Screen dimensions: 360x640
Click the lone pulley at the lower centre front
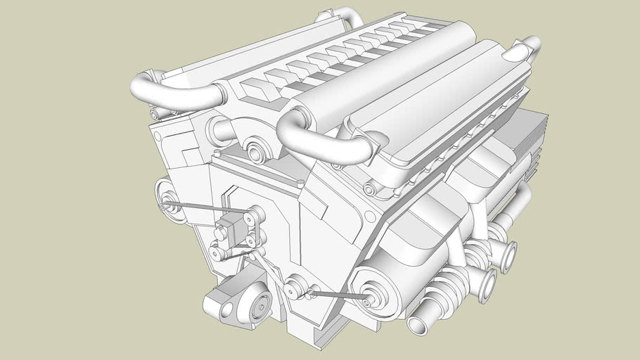(295, 287)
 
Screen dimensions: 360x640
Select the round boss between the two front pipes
(255, 152)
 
